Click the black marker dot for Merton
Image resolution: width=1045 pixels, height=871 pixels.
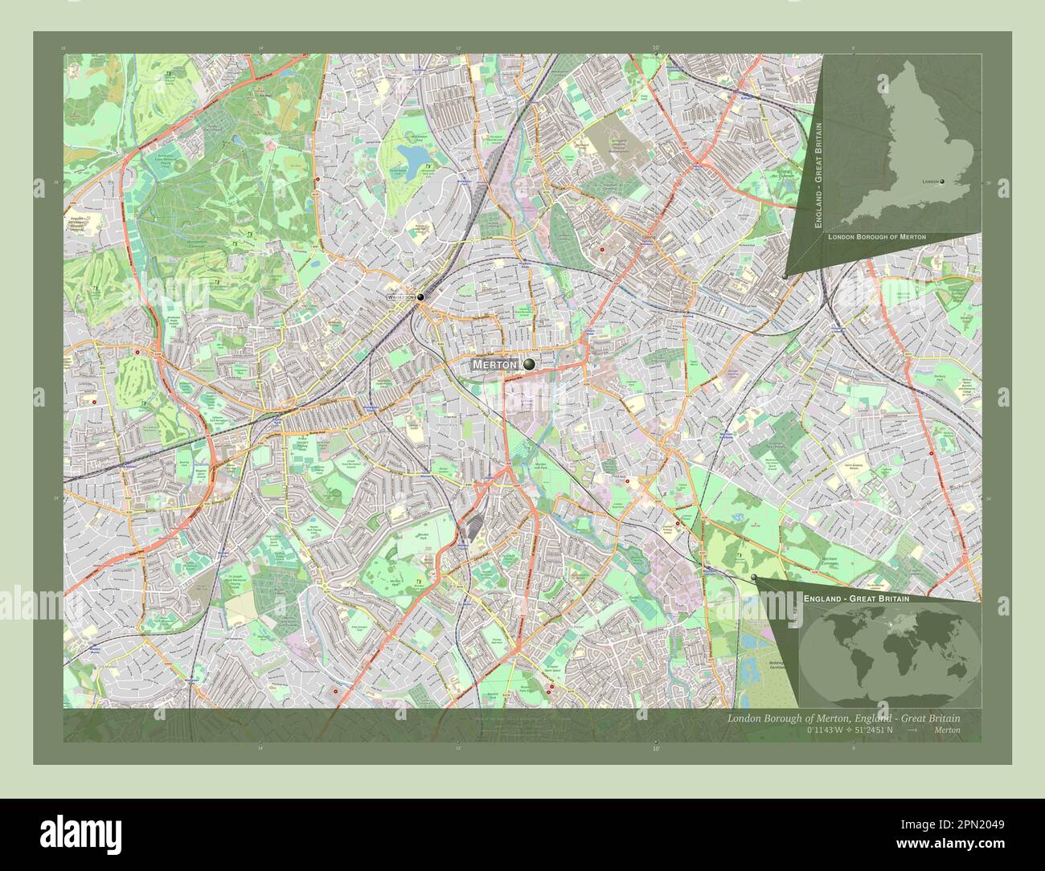click(528, 365)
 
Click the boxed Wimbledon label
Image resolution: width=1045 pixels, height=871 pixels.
click(400, 297)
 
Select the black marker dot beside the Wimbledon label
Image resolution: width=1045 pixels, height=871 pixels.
click(420, 296)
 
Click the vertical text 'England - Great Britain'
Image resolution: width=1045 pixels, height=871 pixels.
click(818, 176)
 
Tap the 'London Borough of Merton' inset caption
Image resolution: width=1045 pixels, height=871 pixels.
click(876, 237)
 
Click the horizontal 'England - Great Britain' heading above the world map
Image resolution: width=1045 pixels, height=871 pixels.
click(856, 599)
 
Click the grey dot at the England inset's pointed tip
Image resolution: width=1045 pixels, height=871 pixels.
click(785, 276)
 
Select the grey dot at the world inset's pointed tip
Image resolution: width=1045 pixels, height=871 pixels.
click(754, 578)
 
